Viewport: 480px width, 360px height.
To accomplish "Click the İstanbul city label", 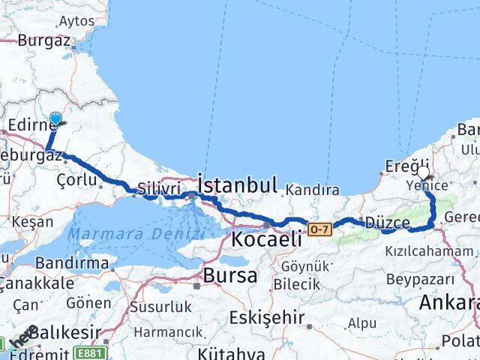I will pyautogui.click(x=237, y=184).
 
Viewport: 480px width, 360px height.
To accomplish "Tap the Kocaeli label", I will pyautogui.click(x=267, y=240).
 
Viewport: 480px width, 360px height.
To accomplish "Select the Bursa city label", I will pyautogui.click(x=230, y=274).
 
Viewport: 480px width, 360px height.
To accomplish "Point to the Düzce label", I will pyautogui.click(x=387, y=223).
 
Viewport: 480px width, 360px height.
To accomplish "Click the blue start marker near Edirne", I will pyautogui.click(x=56, y=118).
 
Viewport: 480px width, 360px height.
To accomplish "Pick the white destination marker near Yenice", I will pyautogui.click(x=424, y=174).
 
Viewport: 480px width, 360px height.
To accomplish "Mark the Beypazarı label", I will pyautogui.click(x=412, y=277).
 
